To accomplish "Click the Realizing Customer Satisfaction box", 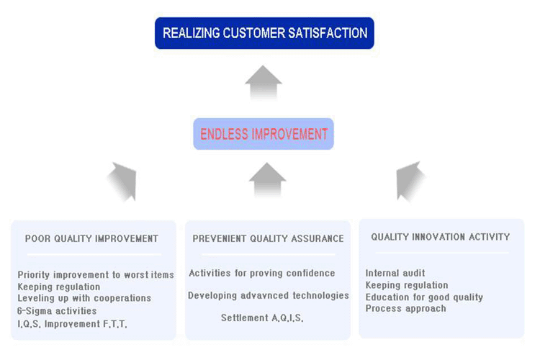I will [264, 33].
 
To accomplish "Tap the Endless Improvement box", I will [264, 134].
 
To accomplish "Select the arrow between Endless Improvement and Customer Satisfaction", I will [264, 82].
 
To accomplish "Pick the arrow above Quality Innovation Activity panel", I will [410, 180].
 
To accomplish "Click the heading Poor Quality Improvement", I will [91, 238].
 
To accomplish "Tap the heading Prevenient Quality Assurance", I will [268, 238].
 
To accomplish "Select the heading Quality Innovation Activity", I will [441, 237].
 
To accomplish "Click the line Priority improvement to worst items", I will [96, 275].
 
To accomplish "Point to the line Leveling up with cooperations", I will [84, 298].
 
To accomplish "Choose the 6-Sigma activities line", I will [57, 310].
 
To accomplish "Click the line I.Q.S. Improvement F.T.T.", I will [72, 323].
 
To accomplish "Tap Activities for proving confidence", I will [262, 274].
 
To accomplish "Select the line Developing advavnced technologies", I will [269, 295].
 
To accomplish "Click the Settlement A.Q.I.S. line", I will [262, 318].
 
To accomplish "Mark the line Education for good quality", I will [424, 297].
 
